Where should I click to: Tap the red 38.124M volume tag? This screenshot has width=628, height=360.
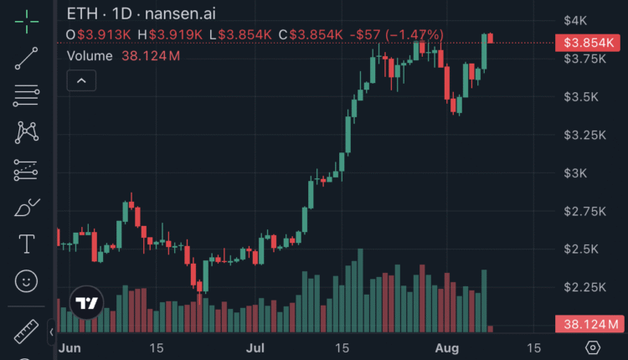589,324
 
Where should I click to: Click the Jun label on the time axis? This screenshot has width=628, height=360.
69,347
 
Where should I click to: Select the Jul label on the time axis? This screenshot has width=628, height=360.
256,347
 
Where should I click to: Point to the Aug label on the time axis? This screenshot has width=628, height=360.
444,347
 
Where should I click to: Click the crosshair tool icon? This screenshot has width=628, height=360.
26,22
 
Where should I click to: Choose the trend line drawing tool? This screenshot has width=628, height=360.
26,58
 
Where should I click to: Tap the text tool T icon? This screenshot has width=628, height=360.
26,244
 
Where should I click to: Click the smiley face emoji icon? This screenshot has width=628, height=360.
26,280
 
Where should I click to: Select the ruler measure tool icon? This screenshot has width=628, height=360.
26,332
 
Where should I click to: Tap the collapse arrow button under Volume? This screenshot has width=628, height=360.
82,80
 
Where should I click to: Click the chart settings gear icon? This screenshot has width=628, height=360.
593,347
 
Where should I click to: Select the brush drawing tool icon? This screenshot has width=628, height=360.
26,207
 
